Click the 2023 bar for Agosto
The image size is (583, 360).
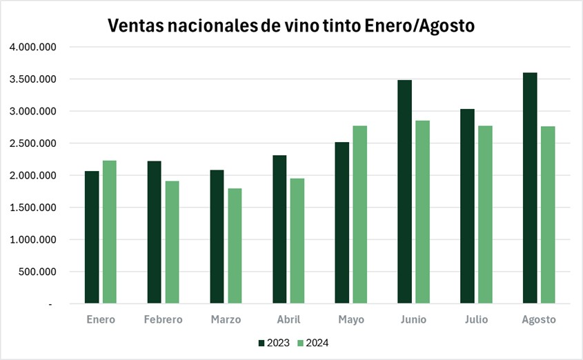click(530, 188)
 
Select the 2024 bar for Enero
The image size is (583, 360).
click(110, 232)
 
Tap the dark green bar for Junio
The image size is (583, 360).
click(404, 192)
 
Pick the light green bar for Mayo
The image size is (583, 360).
click(360, 214)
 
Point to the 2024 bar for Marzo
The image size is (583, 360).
click(235, 246)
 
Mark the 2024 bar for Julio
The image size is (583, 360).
click(486, 214)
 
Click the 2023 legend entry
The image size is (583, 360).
click(275, 343)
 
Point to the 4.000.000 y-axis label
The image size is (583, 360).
click(32, 48)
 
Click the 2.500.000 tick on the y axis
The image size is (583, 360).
click(32, 143)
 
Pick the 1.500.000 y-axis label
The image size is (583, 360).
click(32, 208)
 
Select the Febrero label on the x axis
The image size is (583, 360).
click(164, 320)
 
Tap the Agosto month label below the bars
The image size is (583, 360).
click(539, 320)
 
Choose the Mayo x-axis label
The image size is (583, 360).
click(351, 320)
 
